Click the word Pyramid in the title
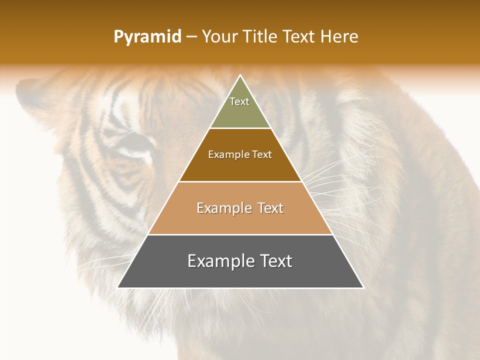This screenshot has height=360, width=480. [x=147, y=37]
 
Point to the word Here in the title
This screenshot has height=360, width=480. [x=339, y=37]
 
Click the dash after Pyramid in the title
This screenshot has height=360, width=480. [x=191, y=37]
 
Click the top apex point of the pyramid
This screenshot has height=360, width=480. [x=240, y=75]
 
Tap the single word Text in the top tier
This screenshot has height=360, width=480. [x=239, y=101]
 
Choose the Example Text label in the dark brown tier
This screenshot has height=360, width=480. [x=240, y=154]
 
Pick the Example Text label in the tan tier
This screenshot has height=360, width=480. [x=240, y=208]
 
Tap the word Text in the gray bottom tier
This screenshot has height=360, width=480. [x=275, y=261]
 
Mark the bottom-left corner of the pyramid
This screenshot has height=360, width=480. [x=118, y=287]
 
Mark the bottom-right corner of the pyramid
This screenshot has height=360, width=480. [x=363, y=287]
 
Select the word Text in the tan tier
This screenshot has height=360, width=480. [x=269, y=208]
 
